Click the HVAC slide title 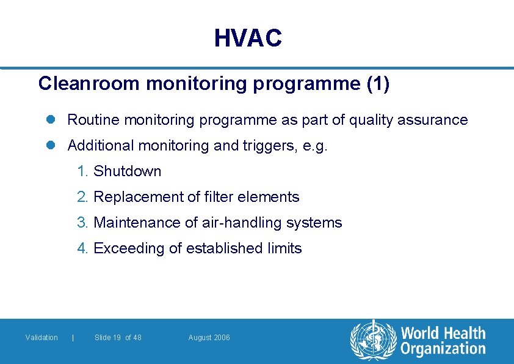click(248, 39)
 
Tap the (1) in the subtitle click(378, 84)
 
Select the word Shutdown click(128, 171)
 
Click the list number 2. click(83, 197)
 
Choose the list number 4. click(83, 248)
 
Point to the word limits click(285, 248)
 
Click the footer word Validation click(42, 338)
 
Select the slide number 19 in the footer click(116, 338)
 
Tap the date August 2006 click(209, 338)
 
